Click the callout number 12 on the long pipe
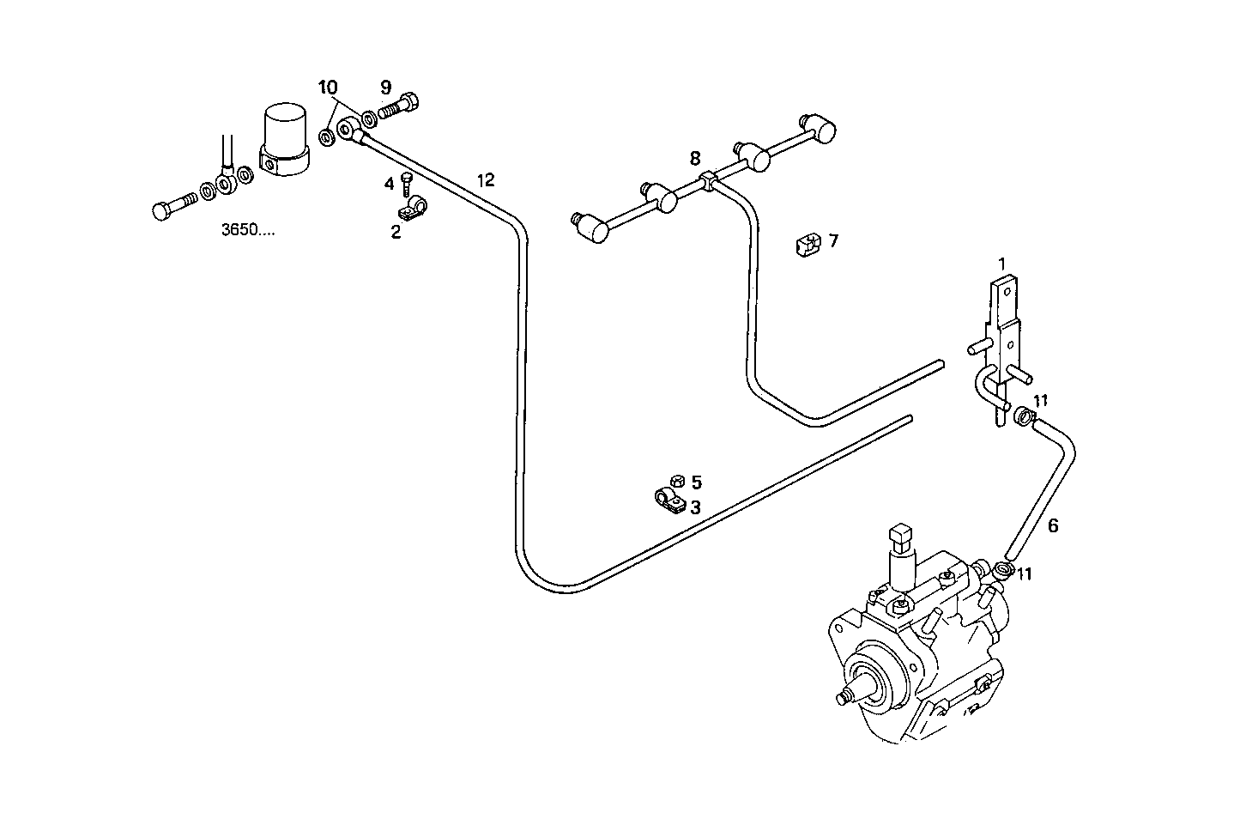(x=486, y=180)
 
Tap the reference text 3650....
(x=248, y=231)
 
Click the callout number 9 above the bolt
(x=385, y=87)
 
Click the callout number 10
(x=328, y=87)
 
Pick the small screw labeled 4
(x=408, y=183)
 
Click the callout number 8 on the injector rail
(x=695, y=158)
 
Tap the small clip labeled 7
(x=808, y=244)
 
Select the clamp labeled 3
(x=668, y=501)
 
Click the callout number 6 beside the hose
(x=1053, y=526)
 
